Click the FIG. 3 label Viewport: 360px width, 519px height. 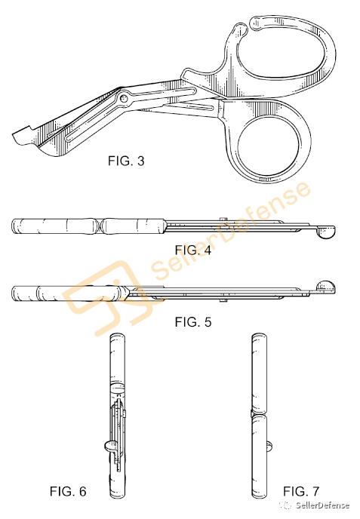(126, 161)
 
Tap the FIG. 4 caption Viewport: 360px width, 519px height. (193, 250)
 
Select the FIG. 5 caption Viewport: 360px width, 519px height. (193, 321)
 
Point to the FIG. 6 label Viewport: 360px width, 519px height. (68, 492)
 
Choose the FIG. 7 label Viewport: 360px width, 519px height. (301, 491)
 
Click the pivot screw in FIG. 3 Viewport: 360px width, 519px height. (124, 98)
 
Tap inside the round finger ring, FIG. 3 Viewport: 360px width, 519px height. (269, 145)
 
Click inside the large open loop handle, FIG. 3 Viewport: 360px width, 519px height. (285, 53)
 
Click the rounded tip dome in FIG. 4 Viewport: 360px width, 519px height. (325, 232)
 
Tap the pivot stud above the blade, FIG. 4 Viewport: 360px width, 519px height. (223, 219)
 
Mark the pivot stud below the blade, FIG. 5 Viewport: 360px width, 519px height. (223, 300)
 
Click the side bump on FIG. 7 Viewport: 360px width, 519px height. (269, 446)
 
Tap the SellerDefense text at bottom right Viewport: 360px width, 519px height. (322, 505)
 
